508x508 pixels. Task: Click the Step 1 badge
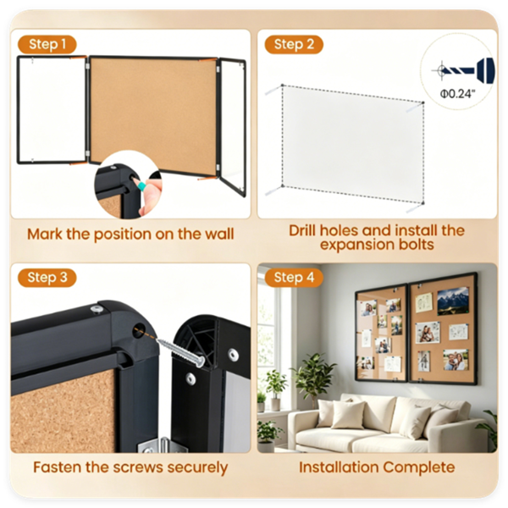[47, 44]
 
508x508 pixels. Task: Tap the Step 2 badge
[294, 44]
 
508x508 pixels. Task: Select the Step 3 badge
[47, 278]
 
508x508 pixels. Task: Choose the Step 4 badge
[294, 278]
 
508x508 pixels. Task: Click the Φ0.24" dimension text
[457, 94]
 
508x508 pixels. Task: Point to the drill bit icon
[463, 69]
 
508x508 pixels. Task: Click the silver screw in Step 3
[181, 351]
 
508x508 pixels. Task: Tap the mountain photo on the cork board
[453, 301]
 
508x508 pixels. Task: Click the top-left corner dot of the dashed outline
[283, 86]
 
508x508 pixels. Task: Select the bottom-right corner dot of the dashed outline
[422, 203]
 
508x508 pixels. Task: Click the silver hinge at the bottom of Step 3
[163, 444]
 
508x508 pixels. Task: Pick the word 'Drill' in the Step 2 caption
[302, 230]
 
